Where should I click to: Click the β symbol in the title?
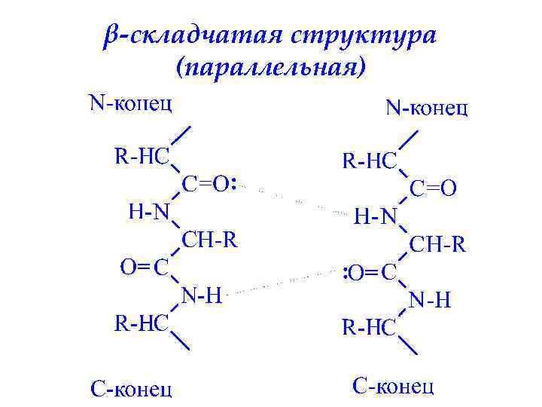tap(111, 36)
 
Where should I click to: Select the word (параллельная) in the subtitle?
tap(271, 69)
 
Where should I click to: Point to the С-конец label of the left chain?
tap(131, 388)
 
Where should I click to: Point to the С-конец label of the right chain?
tap(393, 386)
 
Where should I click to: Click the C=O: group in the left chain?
tap(210, 183)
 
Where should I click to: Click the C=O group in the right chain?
tap(434, 188)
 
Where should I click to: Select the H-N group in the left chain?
tap(149, 211)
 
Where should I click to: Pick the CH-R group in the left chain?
tap(210, 240)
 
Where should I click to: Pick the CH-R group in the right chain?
tap(438, 245)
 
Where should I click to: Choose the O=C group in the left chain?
tap(145, 267)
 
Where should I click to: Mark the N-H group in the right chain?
tap(430, 301)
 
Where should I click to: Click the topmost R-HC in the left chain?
tap(141, 156)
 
